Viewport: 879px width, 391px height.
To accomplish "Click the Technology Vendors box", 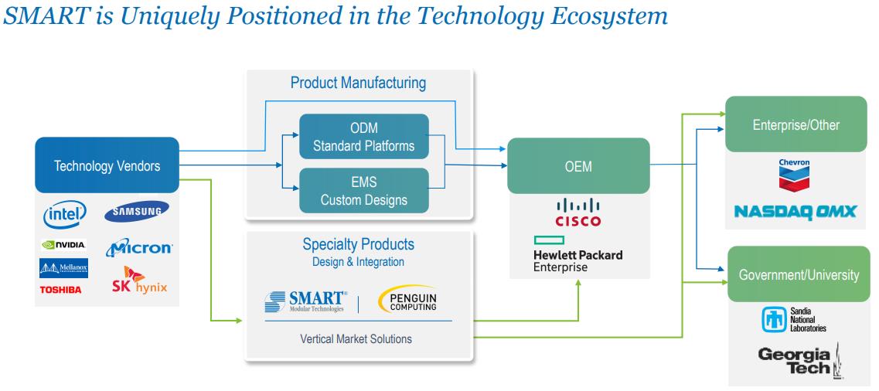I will (x=107, y=165).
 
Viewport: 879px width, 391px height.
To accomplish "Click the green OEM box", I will (x=578, y=165).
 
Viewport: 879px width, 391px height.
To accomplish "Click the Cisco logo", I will (x=577, y=214).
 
